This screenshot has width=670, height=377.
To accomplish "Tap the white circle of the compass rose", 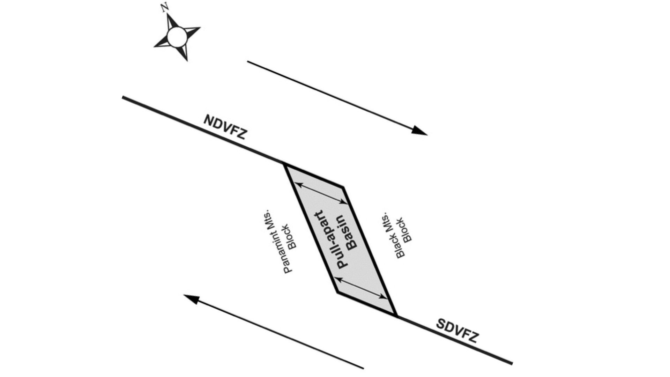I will [176, 37].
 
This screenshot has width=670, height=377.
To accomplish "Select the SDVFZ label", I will [457, 331].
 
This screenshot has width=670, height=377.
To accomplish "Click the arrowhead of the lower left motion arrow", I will [191, 299].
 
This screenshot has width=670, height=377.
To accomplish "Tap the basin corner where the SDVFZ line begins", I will [396, 316].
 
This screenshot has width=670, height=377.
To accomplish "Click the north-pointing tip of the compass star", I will [169, 15].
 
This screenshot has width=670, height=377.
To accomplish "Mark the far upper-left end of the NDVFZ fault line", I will [123, 98].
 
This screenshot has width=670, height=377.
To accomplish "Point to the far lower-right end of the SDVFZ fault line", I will [512, 363].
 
